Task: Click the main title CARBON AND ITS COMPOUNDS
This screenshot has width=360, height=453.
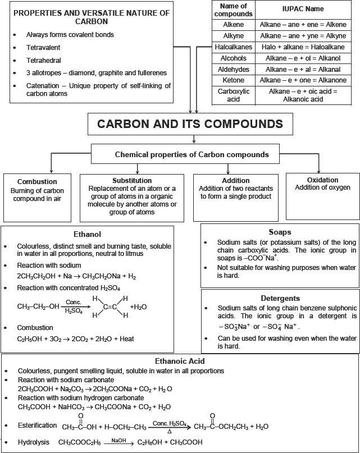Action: click(190, 123)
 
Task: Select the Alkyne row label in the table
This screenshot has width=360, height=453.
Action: click(233, 35)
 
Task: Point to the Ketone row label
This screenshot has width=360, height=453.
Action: click(233, 80)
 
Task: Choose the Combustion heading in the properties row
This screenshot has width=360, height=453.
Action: click(37, 182)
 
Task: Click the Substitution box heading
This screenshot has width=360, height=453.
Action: click(132, 181)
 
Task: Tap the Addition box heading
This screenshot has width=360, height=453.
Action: click(236, 181)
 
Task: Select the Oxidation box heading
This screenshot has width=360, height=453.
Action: click(323, 179)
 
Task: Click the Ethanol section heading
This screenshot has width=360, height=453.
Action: click(87, 234)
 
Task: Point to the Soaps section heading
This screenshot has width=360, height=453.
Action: click(280, 231)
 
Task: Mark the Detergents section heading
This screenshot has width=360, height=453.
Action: click(280, 298)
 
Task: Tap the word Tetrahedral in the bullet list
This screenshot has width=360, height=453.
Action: click(43, 60)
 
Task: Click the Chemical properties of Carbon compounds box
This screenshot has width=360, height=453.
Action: click(192, 154)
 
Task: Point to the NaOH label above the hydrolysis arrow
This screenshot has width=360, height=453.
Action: click(119, 440)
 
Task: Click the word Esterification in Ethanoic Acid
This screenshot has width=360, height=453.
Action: click(38, 425)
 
